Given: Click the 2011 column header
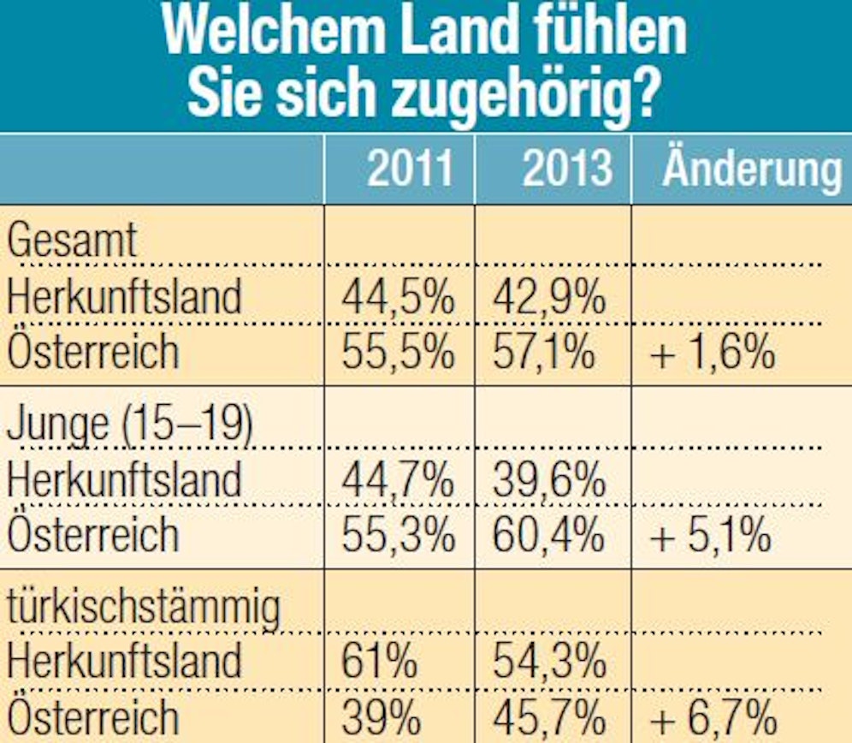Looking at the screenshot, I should pos(410,169).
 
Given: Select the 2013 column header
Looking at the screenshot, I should pos(567,169).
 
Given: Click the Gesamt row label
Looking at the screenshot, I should pos(73,241).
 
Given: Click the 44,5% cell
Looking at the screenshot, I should pos(398,298).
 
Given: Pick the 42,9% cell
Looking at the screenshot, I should pos(550,298).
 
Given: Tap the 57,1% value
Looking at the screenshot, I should pos(544,352).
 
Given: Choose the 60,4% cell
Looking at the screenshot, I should pos(548,535).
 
